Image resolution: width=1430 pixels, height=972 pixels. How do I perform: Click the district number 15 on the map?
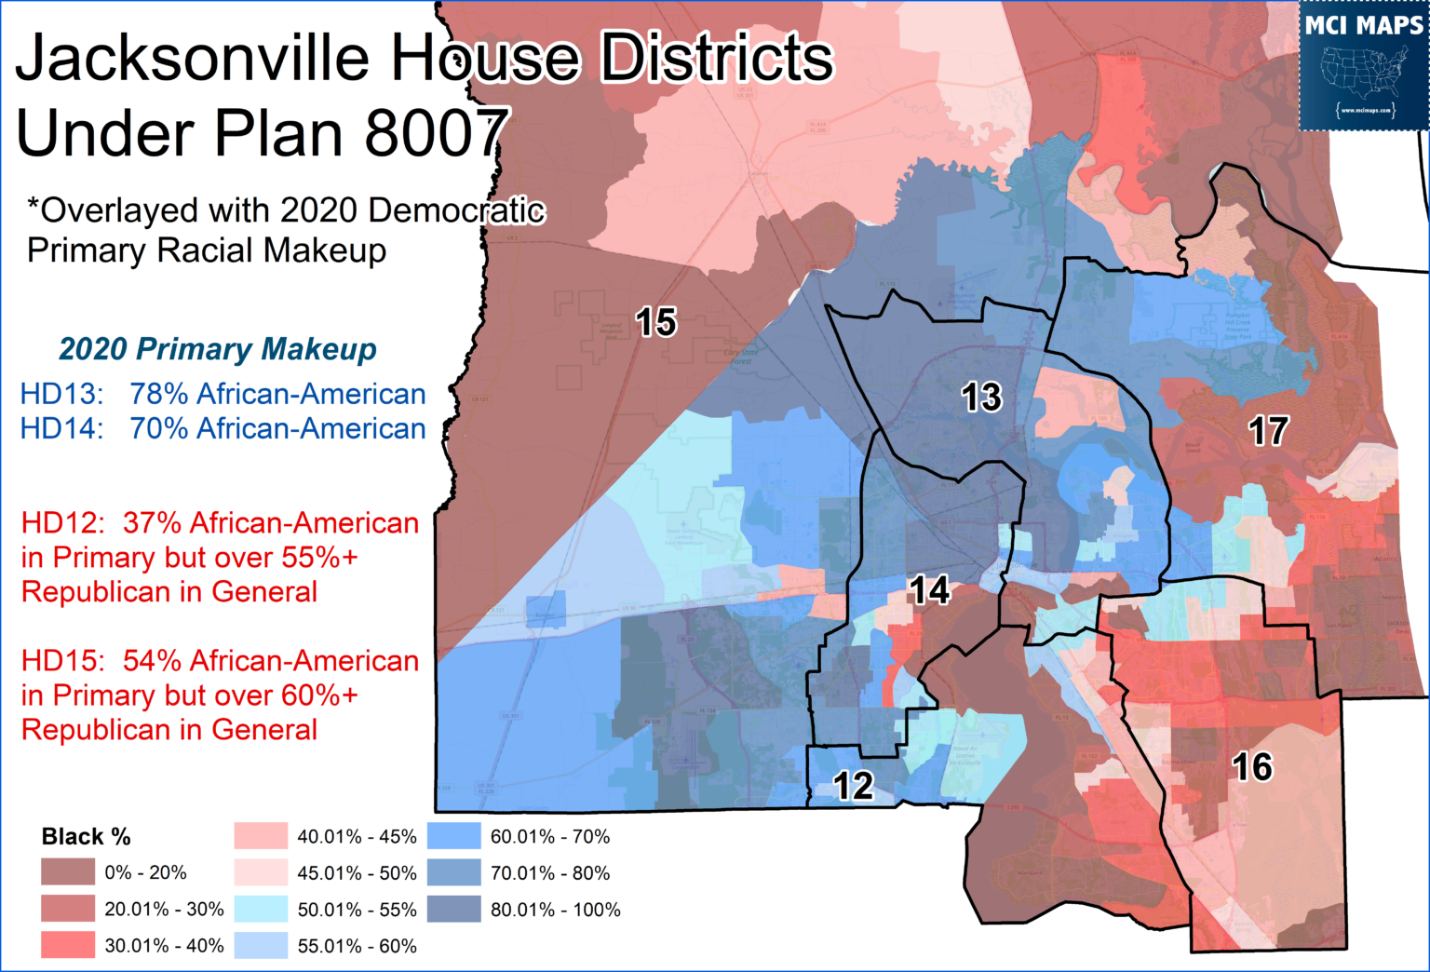[x=655, y=322]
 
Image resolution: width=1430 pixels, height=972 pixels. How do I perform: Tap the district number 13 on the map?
[x=980, y=398]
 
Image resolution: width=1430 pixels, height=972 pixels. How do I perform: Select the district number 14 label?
[x=928, y=590]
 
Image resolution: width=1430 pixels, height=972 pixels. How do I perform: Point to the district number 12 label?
[x=853, y=787]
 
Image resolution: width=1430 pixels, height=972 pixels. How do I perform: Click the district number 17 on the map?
[x=1268, y=431]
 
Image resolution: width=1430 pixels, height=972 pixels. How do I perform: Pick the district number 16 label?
[x=1251, y=767]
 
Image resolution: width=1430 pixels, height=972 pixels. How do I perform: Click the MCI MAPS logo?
[x=1363, y=66]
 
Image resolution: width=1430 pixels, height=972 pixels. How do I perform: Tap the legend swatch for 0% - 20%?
[x=68, y=872]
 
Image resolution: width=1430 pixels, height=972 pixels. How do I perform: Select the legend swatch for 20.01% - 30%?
[x=68, y=909]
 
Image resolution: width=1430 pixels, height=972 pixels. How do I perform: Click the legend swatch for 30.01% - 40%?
[x=68, y=945]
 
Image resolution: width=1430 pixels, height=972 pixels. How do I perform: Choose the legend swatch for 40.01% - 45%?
[x=261, y=836]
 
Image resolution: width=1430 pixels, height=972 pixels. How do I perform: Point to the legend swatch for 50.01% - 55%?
[x=261, y=909]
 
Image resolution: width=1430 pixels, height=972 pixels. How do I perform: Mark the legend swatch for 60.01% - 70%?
[x=454, y=836]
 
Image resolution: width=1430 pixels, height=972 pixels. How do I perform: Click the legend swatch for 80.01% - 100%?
[x=454, y=909]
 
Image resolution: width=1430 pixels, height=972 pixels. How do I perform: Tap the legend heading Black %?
[x=86, y=836]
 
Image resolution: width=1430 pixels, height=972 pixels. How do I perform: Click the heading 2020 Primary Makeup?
[x=218, y=349]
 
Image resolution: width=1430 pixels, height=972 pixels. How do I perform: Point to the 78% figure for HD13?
[x=159, y=394]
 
